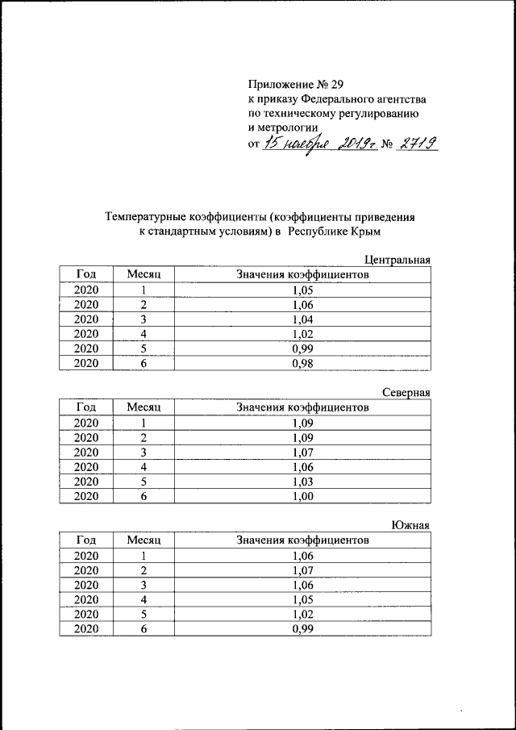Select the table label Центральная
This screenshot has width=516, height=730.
pyautogui.click(x=397, y=260)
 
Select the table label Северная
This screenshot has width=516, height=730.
pyautogui.click(x=406, y=393)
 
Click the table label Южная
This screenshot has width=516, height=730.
pyautogui.click(x=410, y=526)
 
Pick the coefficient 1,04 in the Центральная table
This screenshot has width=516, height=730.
pyautogui.click(x=302, y=319)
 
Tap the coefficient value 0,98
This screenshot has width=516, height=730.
pyautogui.click(x=302, y=362)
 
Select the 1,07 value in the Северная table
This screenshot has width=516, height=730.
pyautogui.click(x=302, y=452)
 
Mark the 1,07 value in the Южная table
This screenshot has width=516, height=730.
pyautogui.click(x=302, y=570)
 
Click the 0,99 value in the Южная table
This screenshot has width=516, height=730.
pyautogui.click(x=302, y=628)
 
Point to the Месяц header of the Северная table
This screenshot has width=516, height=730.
pyautogui.click(x=144, y=407)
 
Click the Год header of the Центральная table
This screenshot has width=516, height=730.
pyautogui.click(x=86, y=274)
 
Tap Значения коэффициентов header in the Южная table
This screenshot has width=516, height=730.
pyautogui.click(x=302, y=540)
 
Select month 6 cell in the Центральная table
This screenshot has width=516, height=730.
pyautogui.click(x=144, y=362)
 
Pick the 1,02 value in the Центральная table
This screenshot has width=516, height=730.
pyautogui.click(x=302, y=333)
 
